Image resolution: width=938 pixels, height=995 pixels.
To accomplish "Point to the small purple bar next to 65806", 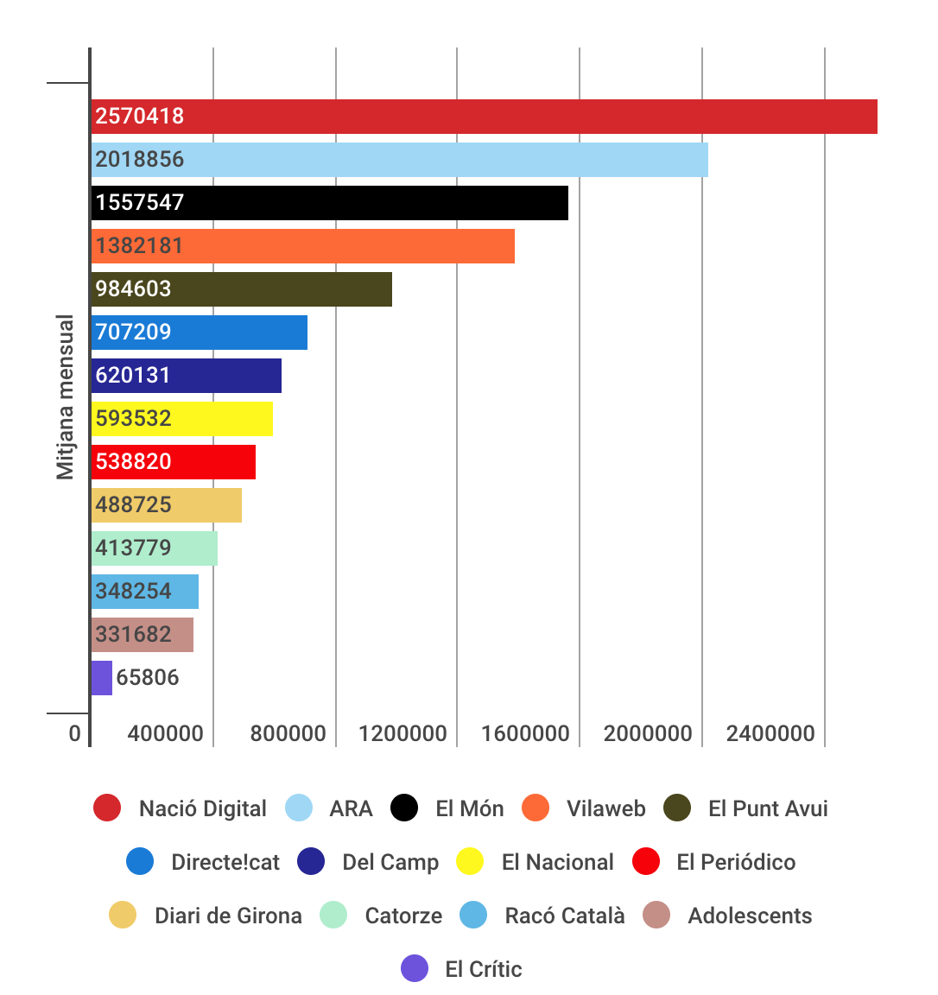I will [x=101, y=678].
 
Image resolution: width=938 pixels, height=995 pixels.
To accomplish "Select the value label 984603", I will [x=133, y=289].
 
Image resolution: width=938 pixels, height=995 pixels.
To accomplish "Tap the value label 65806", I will [x=148, y=678].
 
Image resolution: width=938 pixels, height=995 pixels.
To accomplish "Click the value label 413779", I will [x=133, y=548].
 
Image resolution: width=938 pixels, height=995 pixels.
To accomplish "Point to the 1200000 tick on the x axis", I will [x=402, y=734].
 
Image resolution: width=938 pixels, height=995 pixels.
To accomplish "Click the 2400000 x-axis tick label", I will [x=770, y=734].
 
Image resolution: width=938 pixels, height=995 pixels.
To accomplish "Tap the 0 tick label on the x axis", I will [x=75, y=734].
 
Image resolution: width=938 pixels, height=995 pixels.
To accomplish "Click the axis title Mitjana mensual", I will [x=66, y=397].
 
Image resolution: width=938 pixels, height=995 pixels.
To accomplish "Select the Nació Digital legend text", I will [x=203, y=809].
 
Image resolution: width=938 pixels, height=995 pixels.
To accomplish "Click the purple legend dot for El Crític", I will [x=415, y=969].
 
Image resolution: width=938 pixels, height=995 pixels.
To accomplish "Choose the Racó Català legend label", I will [x=565, y=916].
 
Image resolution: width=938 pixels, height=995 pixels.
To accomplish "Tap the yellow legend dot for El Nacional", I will [x=470, y=862].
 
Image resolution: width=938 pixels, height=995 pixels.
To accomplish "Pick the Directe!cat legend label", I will [x=225, y=863].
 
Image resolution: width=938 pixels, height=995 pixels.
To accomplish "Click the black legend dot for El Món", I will [x=404, y=808].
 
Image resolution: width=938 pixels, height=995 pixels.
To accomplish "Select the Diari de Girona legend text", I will [x=228, y=916].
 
